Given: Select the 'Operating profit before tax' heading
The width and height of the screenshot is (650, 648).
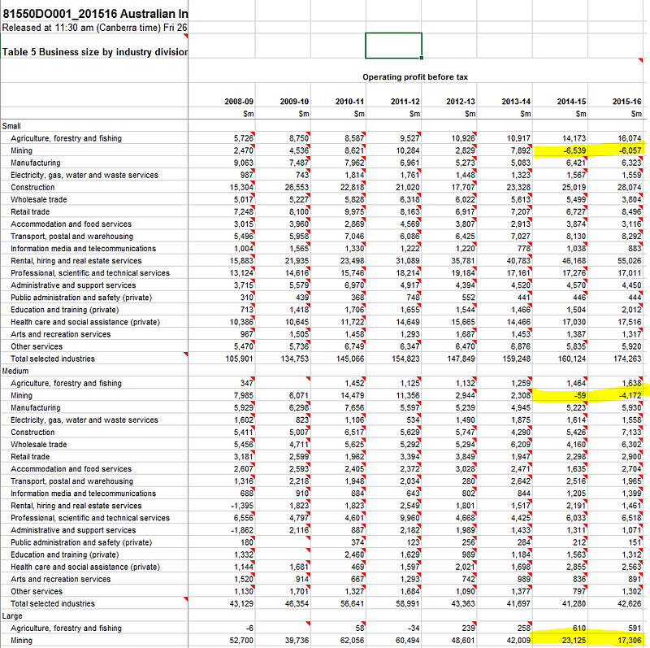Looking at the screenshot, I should pos(414,77).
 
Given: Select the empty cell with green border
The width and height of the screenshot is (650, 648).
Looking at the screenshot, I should pos(393,46).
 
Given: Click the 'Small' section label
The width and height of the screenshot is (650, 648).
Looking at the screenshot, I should pos(12,126).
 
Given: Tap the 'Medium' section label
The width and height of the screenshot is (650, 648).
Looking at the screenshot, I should pos(17,371).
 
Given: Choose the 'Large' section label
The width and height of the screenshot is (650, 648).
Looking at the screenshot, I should pos(14,615).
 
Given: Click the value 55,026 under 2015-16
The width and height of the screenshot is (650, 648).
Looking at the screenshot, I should pos(628,261).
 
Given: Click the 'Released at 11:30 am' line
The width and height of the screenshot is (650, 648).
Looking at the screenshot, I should pos(93,27).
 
